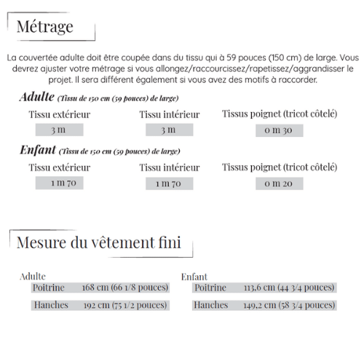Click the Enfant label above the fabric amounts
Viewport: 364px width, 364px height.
[37, 151]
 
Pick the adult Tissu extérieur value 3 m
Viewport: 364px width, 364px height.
[58, 130]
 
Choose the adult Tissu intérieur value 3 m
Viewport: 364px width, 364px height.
[169, 130]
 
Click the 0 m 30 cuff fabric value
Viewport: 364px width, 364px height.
[279, 130]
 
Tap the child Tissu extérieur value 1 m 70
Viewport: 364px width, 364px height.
[59, 183]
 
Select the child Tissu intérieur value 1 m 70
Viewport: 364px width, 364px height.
[169, 183]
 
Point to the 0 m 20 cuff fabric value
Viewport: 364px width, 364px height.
[279, 183]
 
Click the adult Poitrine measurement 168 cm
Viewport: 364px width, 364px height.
[124, 288]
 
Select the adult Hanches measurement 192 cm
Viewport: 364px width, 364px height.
[125, 305]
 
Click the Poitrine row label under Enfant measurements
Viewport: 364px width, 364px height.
[210, 288]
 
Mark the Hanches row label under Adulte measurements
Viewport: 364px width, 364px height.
[51, 305]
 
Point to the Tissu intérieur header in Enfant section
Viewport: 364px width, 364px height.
[169, 167]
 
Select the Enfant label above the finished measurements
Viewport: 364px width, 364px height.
[194, 277]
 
